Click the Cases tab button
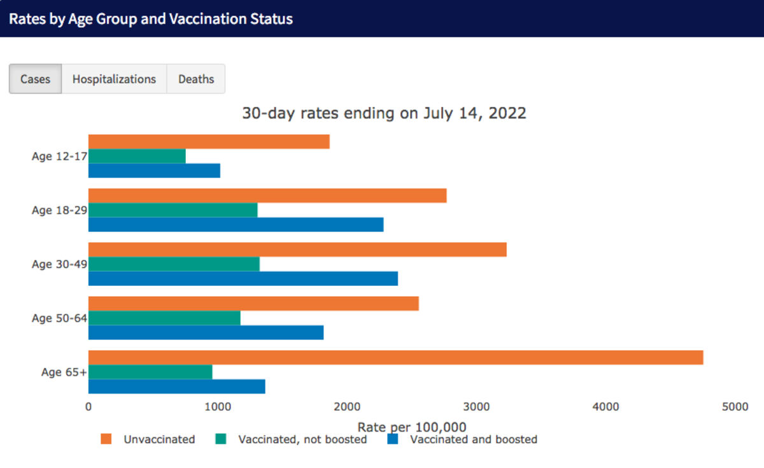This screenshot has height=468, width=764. [36, 79]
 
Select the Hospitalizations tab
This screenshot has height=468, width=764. [114, 79]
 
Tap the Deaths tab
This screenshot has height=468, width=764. [196, 79]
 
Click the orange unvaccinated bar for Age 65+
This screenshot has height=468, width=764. [395, 357]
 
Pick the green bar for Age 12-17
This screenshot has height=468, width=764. [137, 156]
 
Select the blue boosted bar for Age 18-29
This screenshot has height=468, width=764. [236, 224]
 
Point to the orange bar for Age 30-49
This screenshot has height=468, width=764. [297, 250]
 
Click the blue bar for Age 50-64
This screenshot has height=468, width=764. [206, 332]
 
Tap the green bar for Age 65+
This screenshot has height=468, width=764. [150, 372]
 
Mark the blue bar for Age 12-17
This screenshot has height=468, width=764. [154, 171]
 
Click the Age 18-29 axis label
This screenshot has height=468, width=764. [59, 210]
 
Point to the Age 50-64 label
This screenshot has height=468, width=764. [59, 318]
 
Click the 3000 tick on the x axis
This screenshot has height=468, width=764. [476, 407]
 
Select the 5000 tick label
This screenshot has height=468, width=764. [735, 407]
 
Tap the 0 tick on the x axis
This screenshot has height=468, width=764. [88, 407]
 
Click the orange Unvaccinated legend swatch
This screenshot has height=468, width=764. [106, 439]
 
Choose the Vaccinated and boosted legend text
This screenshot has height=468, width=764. [474, 439]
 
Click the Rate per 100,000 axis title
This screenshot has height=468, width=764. [412, 427]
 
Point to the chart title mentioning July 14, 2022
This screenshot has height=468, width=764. [384, 113]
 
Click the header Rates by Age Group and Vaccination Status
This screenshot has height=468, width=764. [151, 18]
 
